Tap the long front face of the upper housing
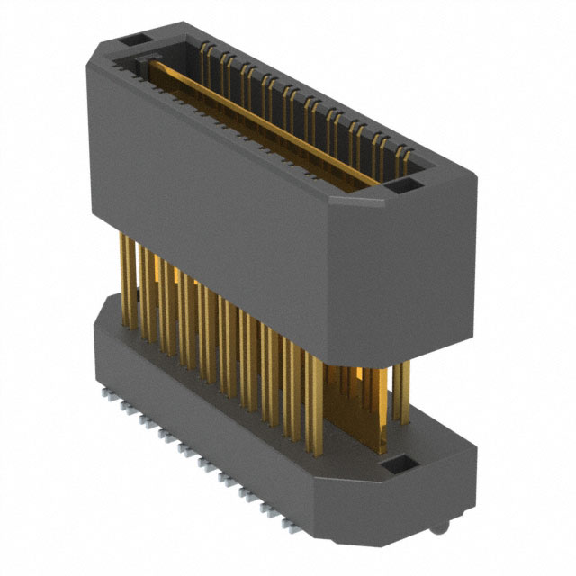[207, 180]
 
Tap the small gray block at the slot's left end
[144, 66]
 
